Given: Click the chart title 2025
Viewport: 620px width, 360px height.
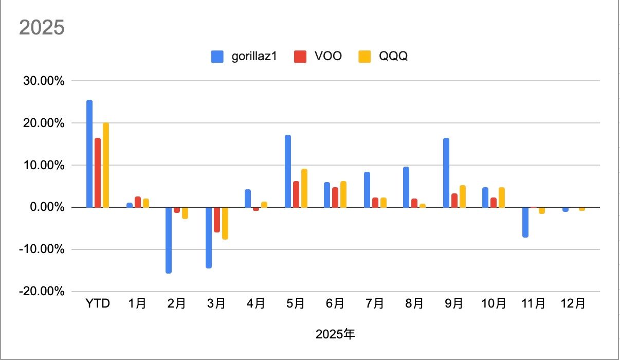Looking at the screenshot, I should tap(42, 27).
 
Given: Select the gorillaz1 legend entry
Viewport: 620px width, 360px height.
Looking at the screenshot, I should tap(244, 57).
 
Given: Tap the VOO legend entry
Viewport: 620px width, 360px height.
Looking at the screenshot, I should tap(318, 57).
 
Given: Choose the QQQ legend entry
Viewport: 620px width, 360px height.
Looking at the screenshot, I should tap(384, 57).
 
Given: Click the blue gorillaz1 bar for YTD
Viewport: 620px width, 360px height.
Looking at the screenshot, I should tap(89, 154).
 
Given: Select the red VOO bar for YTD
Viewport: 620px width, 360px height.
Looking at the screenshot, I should tap(98, 173).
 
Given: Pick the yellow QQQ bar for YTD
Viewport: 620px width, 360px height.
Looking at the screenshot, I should tap(106, 165).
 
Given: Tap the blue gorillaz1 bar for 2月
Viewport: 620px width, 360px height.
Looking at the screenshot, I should tap(169, 240).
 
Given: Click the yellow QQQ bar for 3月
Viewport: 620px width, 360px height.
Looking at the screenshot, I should tap(225, 223).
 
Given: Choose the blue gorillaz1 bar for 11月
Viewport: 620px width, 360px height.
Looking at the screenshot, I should tap(525, 222).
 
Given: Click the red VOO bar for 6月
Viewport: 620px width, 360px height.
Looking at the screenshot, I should tap(335, 197).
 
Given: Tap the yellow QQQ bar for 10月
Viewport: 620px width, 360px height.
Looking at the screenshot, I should tap(502, 197).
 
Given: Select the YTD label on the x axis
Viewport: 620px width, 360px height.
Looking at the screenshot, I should tap(98, 304).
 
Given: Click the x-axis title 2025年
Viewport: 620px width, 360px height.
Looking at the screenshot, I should tap(335, 335).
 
